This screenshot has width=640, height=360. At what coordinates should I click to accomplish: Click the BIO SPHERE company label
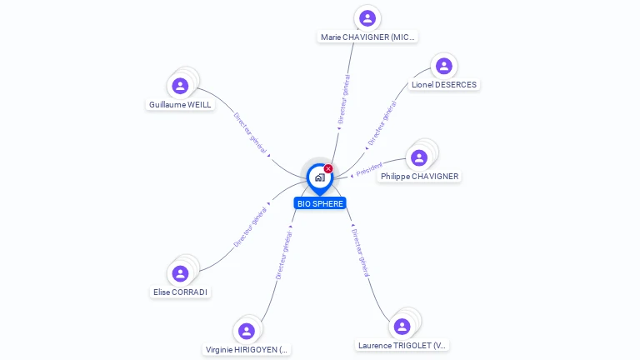(320, 203)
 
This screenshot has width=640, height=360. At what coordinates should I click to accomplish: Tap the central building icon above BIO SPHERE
(319, 177)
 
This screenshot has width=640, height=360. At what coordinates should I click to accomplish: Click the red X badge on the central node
(328, 168)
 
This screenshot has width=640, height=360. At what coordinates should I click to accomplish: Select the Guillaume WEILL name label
(180, 105)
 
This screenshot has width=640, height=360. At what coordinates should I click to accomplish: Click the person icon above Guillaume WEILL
(180, 85)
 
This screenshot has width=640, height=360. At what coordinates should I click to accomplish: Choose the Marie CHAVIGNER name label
(367, 37)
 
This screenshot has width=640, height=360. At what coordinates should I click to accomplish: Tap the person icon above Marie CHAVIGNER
(367, 18)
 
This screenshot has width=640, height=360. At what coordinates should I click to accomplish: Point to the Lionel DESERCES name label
(444, 85)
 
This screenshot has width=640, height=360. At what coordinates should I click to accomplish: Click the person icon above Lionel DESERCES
(444, 65)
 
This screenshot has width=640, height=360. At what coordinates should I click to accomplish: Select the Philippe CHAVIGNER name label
(419, 177)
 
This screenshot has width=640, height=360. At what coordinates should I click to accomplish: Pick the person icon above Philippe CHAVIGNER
(419, 157)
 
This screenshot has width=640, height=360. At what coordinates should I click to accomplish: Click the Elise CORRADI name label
(180, 292)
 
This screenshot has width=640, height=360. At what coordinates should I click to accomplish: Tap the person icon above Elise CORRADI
(180, 273)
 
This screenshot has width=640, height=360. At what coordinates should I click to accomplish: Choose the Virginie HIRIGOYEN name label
(247, 350)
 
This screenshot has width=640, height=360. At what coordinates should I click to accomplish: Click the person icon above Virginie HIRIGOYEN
(247, 331)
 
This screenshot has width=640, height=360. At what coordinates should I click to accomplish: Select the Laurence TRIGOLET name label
(402, 345)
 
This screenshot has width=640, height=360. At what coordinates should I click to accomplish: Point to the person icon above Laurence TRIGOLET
(402, 326)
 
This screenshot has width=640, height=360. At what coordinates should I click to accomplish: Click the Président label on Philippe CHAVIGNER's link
(369, 169)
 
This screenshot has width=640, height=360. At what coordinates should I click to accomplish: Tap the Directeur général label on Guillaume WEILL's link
(250, 133)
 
